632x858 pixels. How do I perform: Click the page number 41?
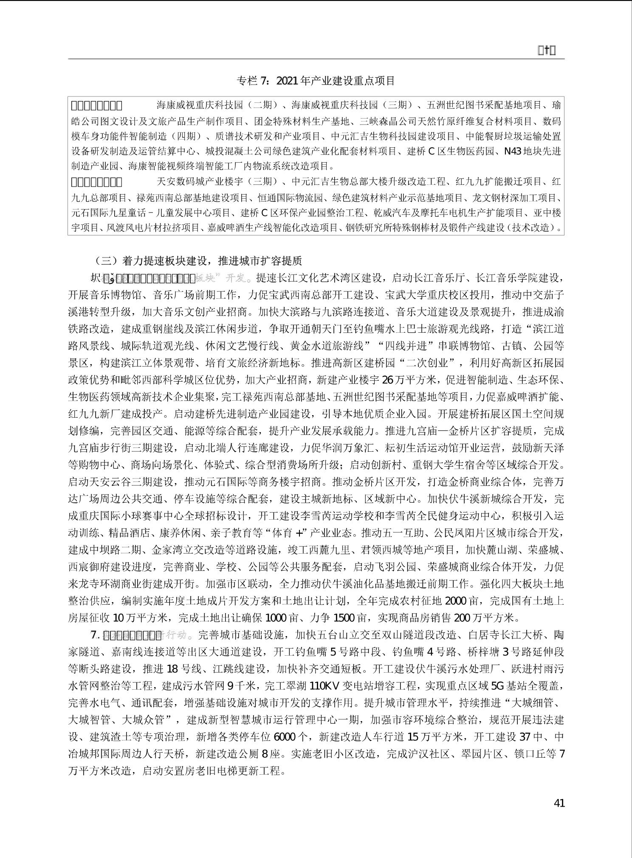[559, 803]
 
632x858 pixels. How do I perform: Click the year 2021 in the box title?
[288, 81]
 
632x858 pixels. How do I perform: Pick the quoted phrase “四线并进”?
[398, 346]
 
